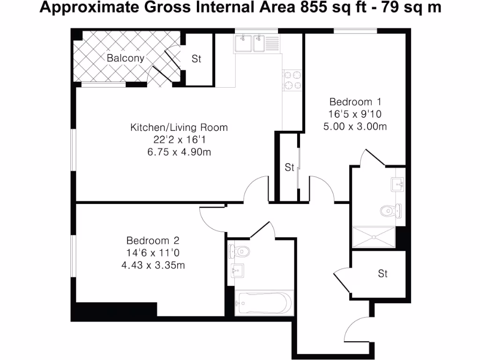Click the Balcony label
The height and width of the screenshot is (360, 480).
click(125, 58)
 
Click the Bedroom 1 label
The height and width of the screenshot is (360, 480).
click(355, 102)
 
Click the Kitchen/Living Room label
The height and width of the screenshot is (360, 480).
click(179, 127)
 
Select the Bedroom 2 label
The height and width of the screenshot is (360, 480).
click(153, 240)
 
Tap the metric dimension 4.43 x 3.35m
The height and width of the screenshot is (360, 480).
click(153, 265)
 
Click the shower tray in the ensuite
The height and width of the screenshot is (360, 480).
click(374, 237)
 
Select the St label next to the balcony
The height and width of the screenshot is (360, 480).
click(196, 59)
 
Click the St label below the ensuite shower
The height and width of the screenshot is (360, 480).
click(383, 274)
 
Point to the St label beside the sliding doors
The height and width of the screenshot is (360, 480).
click(289, 167)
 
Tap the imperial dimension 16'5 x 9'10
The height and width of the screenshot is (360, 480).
click(355, 114)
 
